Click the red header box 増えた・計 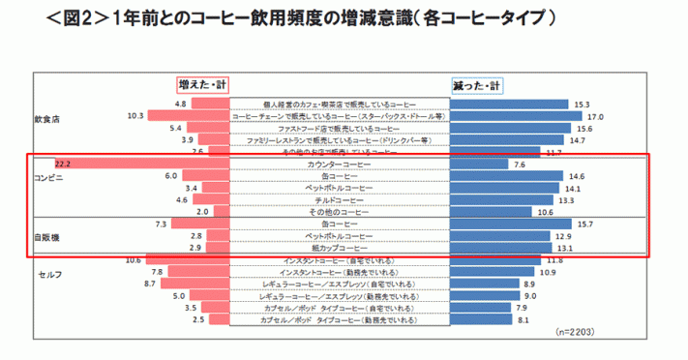pos(203,85)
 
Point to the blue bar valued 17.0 pos(518,116)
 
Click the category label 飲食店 pos(47,120)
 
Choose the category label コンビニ pos(48,179)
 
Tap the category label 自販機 pos(45,235)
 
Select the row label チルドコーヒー pos(339,200)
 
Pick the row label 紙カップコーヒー pos(339,248)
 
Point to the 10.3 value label pos(135,116)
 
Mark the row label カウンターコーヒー pos(339,165)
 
